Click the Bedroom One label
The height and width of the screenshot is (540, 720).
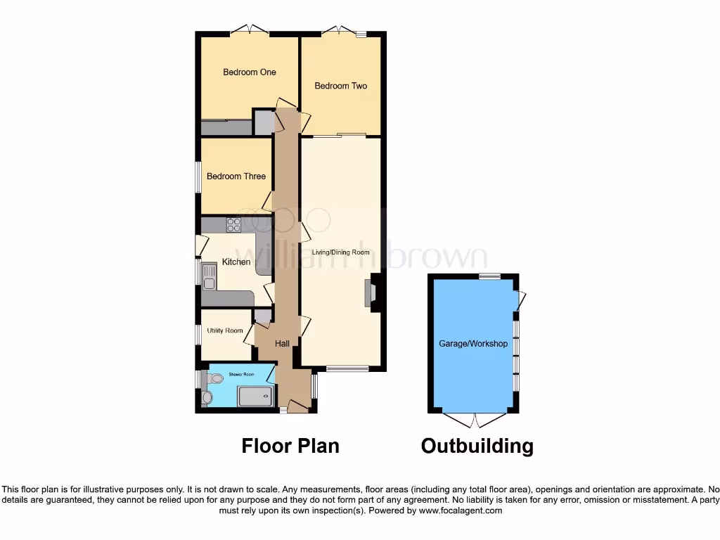coord(250,72)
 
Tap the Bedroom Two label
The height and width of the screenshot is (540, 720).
coord(341,86)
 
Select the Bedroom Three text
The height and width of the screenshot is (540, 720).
coord(236,176)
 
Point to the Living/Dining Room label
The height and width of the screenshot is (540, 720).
coord(341,252)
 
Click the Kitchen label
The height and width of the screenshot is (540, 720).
coord(236,262)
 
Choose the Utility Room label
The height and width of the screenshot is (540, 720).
coord(225,330)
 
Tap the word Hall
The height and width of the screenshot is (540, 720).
coord(282,343)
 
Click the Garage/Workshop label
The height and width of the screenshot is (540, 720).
coord(473,344)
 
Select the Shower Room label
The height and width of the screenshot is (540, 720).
coord(239,375)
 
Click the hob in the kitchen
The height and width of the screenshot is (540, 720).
coord(233,225)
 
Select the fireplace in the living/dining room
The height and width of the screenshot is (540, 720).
coord(368,292)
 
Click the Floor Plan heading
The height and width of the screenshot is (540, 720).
coord(290,446)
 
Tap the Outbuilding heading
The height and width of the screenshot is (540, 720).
coord(477,446)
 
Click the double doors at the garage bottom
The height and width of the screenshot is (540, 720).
coord(473,420)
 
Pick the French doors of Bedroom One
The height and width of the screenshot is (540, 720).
coord(250,30)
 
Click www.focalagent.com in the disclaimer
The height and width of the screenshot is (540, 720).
coord(461,510)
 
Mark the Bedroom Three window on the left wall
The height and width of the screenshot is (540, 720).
coord(198,176)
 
